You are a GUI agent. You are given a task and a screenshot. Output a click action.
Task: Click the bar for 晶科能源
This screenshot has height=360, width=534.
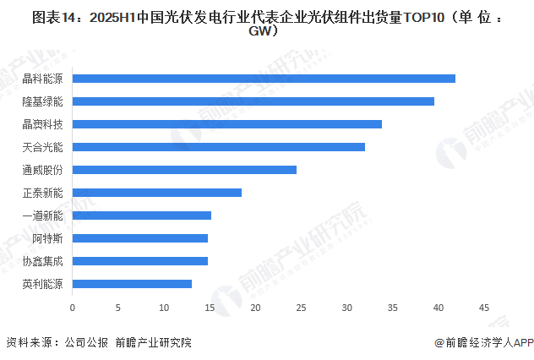point(264,79)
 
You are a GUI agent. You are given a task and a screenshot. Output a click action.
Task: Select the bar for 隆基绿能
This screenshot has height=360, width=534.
point(253,101)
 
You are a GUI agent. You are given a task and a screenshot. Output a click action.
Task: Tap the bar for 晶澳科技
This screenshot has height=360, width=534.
point(227,124)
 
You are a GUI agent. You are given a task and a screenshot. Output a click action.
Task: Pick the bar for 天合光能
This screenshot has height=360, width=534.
point(219,147)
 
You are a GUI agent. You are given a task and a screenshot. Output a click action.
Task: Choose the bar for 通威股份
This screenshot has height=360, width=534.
point(184,170)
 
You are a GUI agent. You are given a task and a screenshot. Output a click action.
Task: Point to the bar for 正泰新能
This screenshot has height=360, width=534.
point(157,193)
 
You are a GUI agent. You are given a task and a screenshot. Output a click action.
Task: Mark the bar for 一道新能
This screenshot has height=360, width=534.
point(142,215)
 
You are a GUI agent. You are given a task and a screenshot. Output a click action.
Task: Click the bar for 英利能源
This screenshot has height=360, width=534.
point(132,284)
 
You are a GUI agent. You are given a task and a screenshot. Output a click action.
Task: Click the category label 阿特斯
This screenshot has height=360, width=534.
point(49,238)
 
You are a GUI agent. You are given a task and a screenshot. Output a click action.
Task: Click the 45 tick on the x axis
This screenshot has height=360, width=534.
point(484,307)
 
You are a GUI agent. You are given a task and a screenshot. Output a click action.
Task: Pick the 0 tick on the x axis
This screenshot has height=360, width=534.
point(73,307)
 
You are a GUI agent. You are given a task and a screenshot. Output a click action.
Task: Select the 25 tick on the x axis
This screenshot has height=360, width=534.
point(301,307)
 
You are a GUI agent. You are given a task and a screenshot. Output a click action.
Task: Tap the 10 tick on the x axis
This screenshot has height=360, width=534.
point(164,307)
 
